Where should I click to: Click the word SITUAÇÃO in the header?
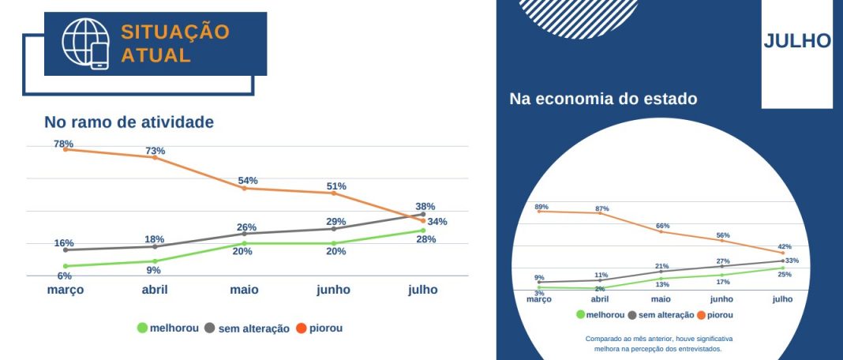pyautogui.click(x=174, y=32)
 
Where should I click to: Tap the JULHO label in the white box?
pyautogui.click(x=797, y=41)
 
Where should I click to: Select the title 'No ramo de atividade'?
pyautogui.click(x=129, y=122)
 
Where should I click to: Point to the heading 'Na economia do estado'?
pyautogui.click(x=603, y=99)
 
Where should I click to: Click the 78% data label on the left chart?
pyautogui.click(x=64, y=144)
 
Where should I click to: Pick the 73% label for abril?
pyautogui.click(x=155, y=151)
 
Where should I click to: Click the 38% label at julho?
pyautogui.click(x=425, y=206)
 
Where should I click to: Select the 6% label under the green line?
pyautogui.click(x=65, y=276)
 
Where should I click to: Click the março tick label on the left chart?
pyautogui.click(x=65, y=290)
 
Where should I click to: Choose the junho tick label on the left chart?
pyautogui.click(x=333, y=290)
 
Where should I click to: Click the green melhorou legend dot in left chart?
pyautogui.click(x=142, y=328)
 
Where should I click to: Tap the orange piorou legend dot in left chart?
pyautogui.click(x=301, y=328)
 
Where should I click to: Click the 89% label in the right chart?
pyautogui.click(x=541, y=207)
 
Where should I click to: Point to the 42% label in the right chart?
pyautogui.click(x=785, y=246)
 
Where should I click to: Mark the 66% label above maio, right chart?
pyautogui.click(x=662, y=226)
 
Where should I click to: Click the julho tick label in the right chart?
pyautogui.click(x=782, y=299)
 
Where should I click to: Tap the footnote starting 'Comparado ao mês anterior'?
pyautogui.click(x=659, y=343)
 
